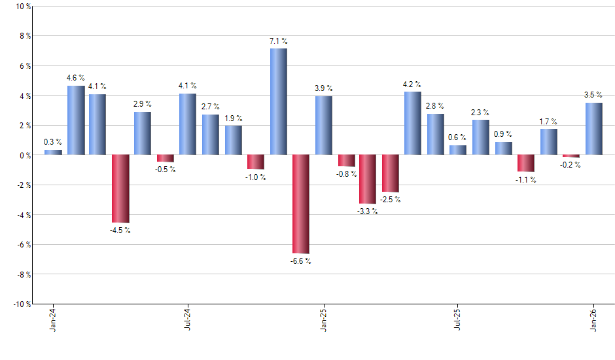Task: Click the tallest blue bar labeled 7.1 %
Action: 278,101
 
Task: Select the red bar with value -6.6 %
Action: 300,204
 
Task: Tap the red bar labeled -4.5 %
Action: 120,189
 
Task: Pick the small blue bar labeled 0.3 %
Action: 53,153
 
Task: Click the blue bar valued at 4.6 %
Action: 76,120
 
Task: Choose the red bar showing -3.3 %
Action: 368,179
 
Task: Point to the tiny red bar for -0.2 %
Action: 571,156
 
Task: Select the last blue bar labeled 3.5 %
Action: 593,129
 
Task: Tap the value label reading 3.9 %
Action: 323,88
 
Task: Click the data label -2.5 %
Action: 391,200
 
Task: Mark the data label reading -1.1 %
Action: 526,179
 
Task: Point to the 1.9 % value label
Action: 233,118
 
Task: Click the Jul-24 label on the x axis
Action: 188,319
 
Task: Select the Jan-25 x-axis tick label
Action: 323,319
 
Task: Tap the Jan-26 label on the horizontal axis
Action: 593,319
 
